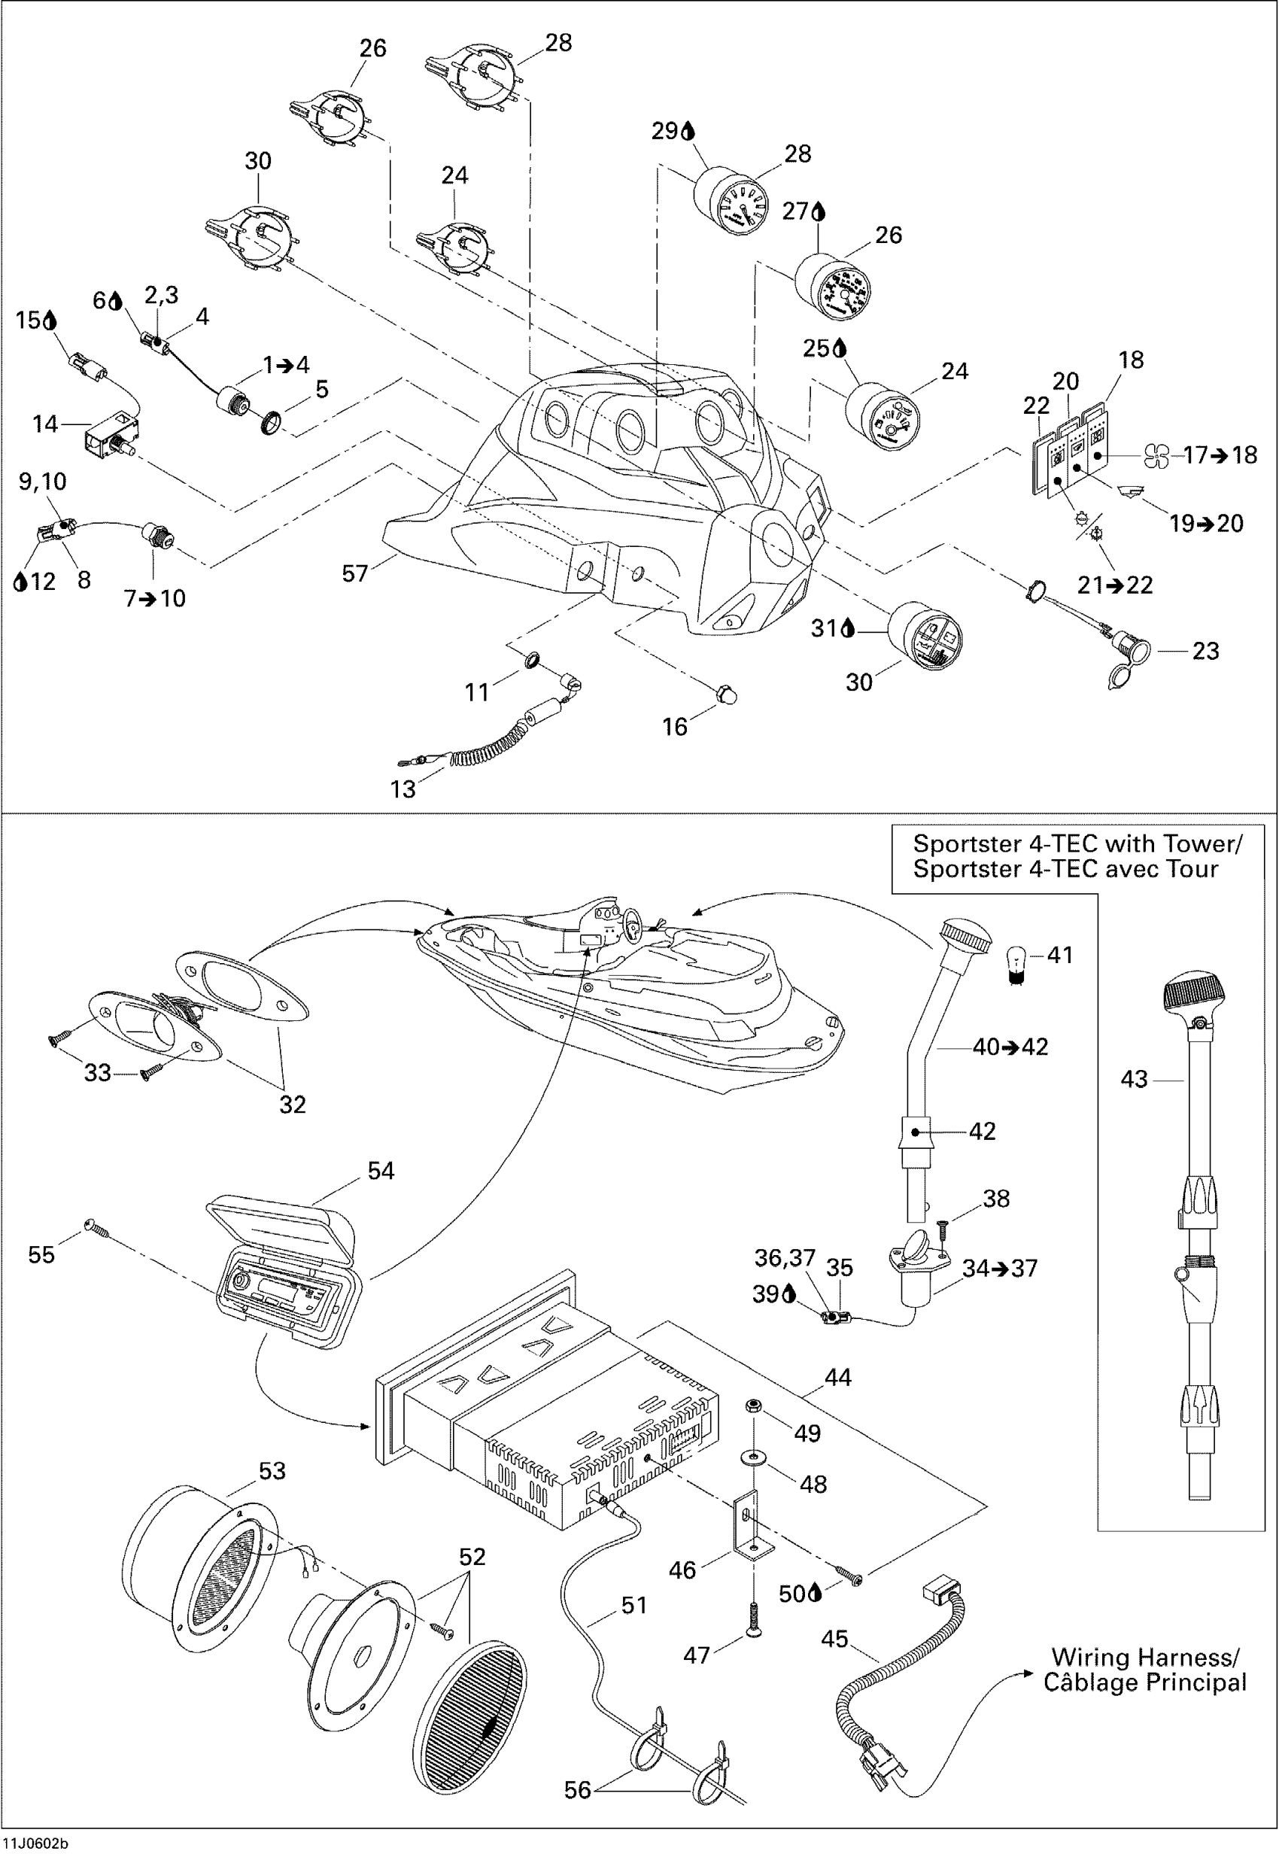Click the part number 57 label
[x=355, y=573]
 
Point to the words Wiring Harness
[x=1144, y=1657]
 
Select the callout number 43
[x=1134, y=1079]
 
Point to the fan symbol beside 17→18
[x=1156, y=455]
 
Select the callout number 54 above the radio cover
[x=381, y=1171]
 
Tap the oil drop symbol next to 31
[x=847, y=629]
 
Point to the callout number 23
[x=1205, y=651]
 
